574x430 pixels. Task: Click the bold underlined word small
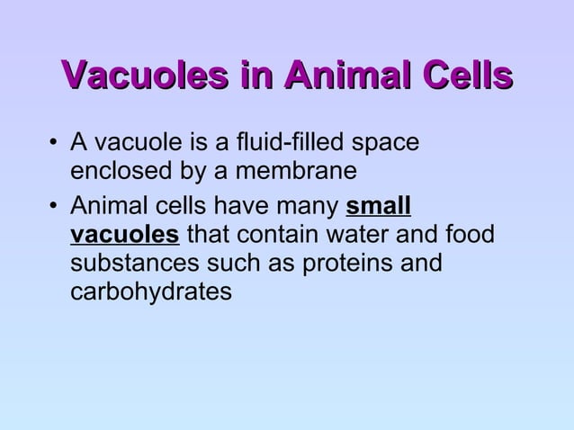tap(379, 205)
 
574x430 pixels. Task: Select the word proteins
tap(336, 265)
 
